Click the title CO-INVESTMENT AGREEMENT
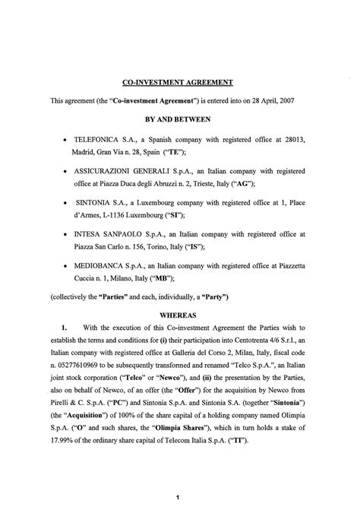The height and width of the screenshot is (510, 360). [178, 81]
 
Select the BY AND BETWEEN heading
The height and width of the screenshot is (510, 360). [180, 119]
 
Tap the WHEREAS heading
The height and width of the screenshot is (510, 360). [180, 312]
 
